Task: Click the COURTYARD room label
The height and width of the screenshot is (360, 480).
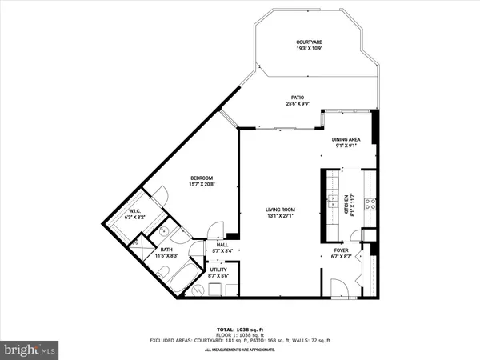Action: coord(309,42)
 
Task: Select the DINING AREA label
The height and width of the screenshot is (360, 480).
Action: coord(346,139)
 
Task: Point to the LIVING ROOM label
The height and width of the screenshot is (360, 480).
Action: coord(282,210)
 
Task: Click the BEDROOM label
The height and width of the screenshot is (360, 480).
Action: coord(202,178)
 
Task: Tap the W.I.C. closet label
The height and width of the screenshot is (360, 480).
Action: coord(135,212)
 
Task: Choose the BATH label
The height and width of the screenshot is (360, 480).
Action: coord(166,249)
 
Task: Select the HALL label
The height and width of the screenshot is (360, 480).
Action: coord(222,245)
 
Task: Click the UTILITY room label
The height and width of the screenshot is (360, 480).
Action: coord(218,270)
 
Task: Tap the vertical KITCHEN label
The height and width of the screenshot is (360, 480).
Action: coord(346,204)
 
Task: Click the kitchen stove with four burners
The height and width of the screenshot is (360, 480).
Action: coord(370,204)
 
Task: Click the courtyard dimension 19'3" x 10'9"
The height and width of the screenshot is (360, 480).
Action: coord(309,49)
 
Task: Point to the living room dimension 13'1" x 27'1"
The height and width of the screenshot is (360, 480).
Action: coord(282,217)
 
